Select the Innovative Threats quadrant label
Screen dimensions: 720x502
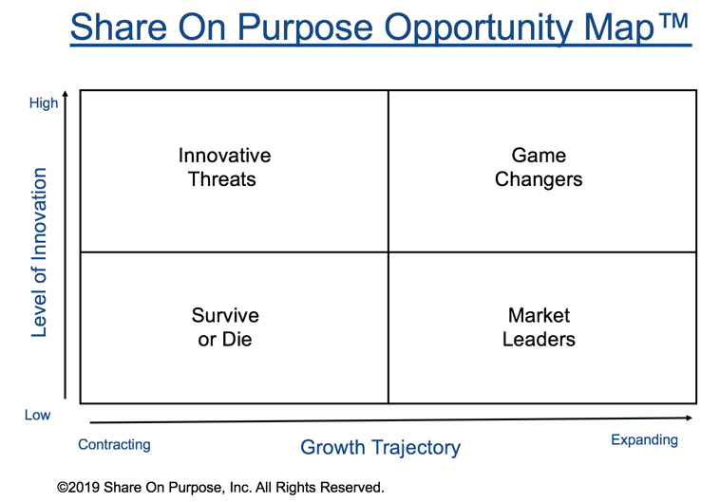point(224,167)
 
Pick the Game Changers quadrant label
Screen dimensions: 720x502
point(539,168)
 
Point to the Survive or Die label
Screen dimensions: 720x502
point(225,327)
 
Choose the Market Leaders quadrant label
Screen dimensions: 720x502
point(539,327)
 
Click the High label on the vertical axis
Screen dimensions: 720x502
point(44,103)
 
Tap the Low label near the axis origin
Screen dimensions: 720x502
point(38,415)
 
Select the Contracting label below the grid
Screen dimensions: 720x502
point(114,445)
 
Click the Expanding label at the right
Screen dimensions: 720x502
point(644,440)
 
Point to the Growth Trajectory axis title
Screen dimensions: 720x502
point(381,447)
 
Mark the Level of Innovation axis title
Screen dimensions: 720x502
point(39,252)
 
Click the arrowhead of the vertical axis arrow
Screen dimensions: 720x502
point(66,93)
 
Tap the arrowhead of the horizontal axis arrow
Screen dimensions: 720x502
point(690,418)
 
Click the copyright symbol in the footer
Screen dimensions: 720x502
point(62,488)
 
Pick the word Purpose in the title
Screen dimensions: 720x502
point(305,28)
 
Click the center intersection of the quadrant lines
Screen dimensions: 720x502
point(388,251)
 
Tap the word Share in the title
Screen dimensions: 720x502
point(119,27)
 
